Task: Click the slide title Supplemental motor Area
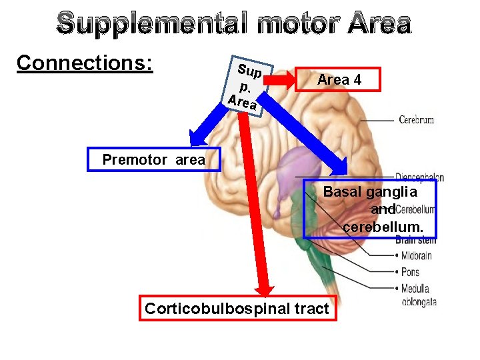coord(234,23)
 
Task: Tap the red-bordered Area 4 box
coord(339,79)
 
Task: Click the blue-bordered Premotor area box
coord(154,160)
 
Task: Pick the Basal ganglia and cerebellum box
coord(370,209)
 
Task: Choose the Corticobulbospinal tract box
coord(237,309)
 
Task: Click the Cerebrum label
coord(416,120)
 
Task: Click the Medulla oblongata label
coord(419,295)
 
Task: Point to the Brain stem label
coord(415,240)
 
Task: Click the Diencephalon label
coord(420,177)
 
